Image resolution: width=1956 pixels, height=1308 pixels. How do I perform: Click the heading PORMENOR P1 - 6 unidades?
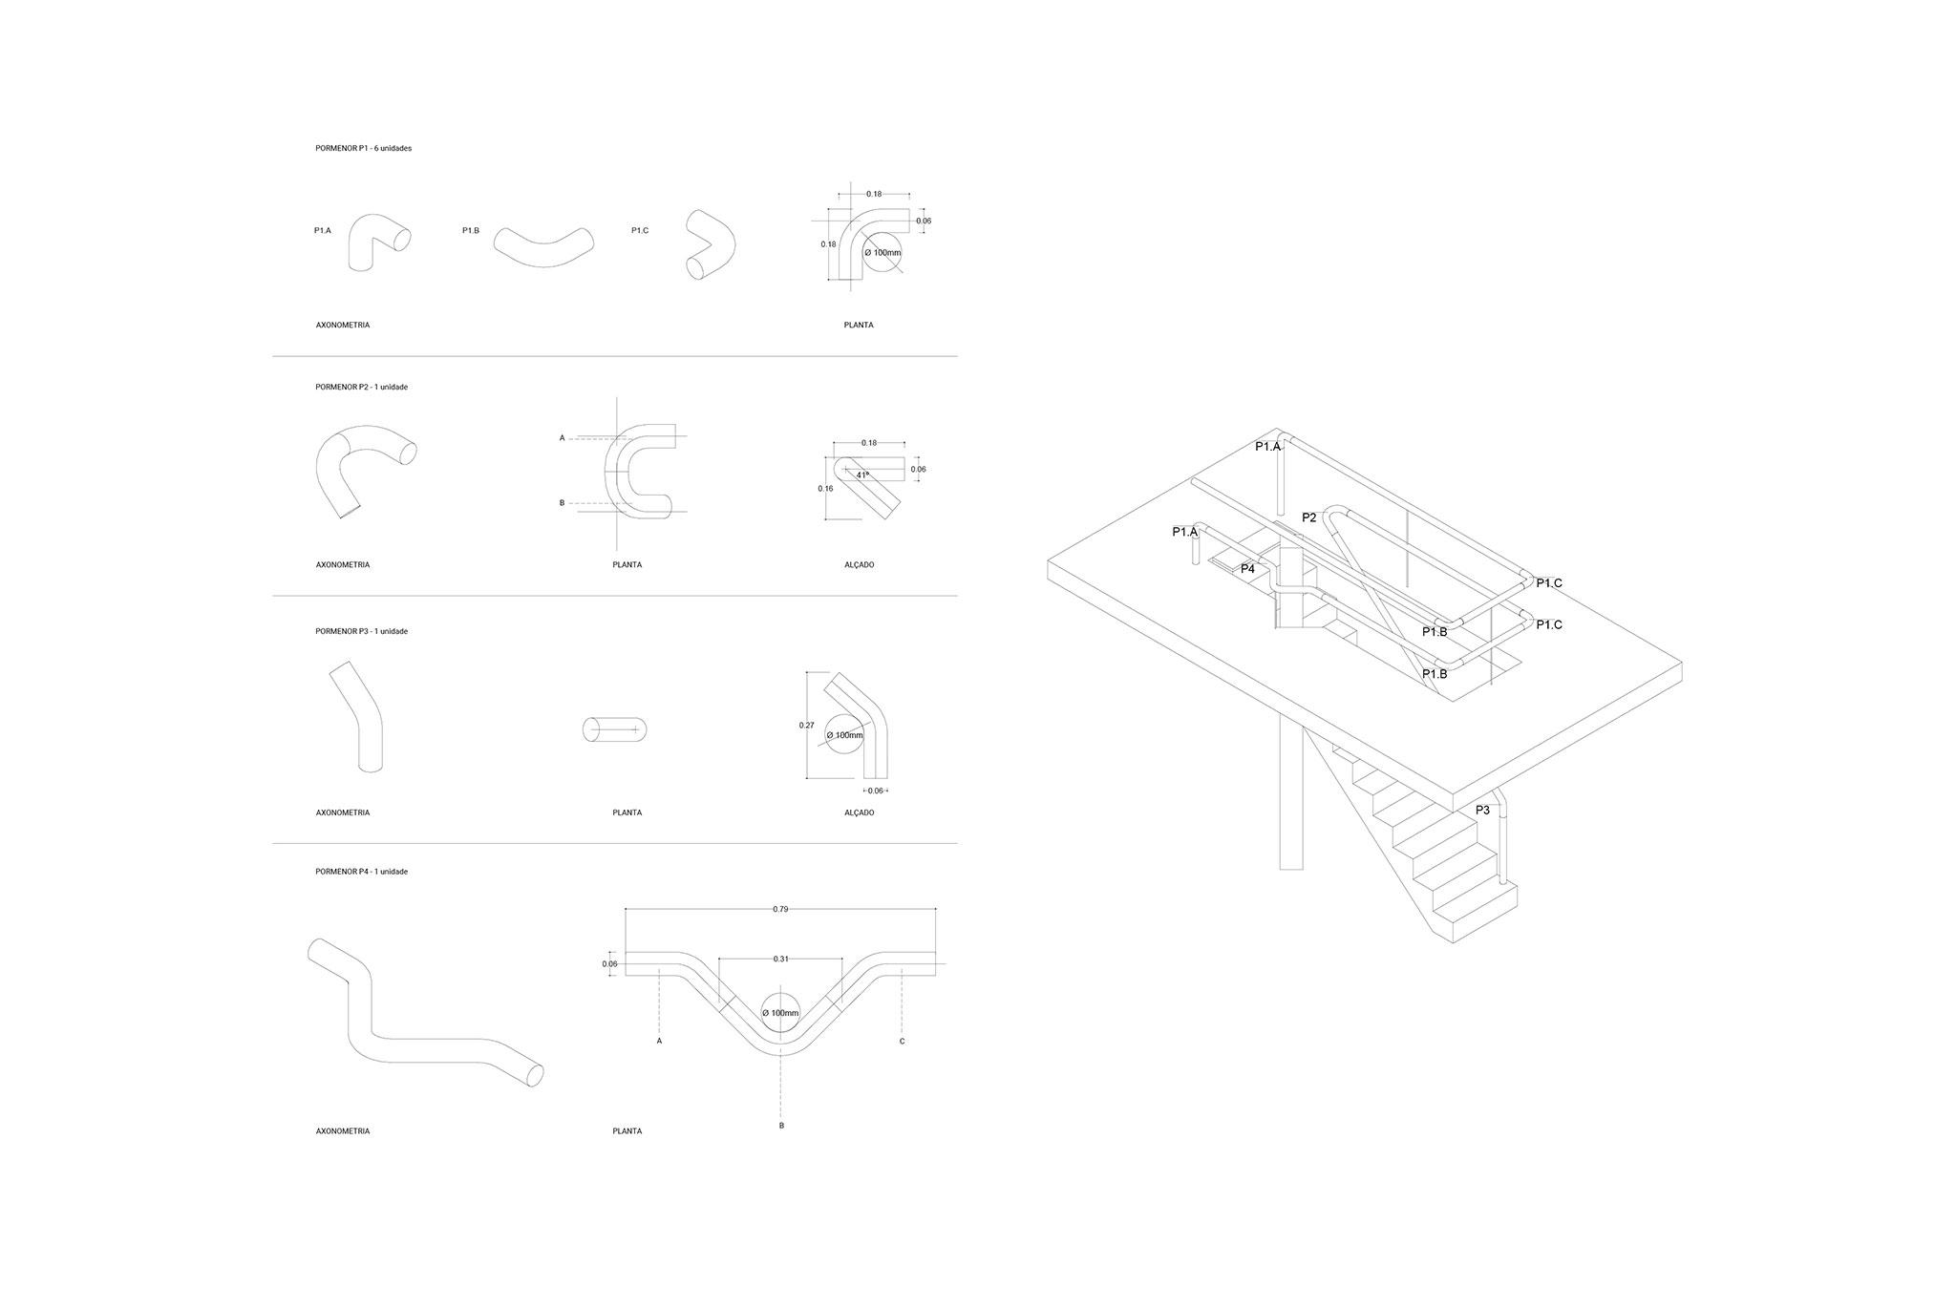pyautogui.click(x=363, y=149)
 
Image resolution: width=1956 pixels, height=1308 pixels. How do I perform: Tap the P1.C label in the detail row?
pyautogui.click(x=640, y=231)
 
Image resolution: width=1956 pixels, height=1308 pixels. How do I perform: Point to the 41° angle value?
pyautogui.click(x=862, y=475)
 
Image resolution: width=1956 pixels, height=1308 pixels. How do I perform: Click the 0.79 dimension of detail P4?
pyautogui.click(x=780, y=910)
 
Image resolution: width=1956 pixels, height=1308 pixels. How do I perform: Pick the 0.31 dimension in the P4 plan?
pyautogui.click(x=779, y=959)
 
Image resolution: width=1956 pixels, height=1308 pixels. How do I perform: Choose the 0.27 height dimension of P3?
pyautogui.click(x=807, y=726)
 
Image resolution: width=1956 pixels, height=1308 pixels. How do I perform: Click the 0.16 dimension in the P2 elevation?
pyautogui.click(x=826, y=488)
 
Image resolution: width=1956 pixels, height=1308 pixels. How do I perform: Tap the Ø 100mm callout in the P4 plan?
pyautogui.click(x=781, y=1013)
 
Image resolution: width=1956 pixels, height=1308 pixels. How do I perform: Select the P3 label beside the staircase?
pyautogui.click(x=1482, y=810)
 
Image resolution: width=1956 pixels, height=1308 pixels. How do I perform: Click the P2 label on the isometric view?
pyautogui.click(x=1309, y=517)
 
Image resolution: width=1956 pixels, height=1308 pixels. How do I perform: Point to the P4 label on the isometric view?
pyautogui.click(x=1247, y=569)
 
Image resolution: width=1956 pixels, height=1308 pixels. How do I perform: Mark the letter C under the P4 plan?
pyautogui.click(x=902, y=1042)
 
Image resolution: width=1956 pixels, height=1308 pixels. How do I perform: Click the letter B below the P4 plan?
pyautogui.click(x=781, y=1126)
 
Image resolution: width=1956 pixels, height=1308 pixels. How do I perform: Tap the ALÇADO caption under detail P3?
pyautogui.click(x=860, y=813)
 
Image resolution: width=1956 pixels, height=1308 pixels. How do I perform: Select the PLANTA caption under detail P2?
pyautogui.click(x=627, y=565)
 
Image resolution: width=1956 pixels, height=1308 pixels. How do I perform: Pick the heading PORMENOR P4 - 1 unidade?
pyautogui.click(x=362, y=872)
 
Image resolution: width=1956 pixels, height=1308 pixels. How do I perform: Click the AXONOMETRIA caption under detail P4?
pyautogui.click(x=343, y=1131)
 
